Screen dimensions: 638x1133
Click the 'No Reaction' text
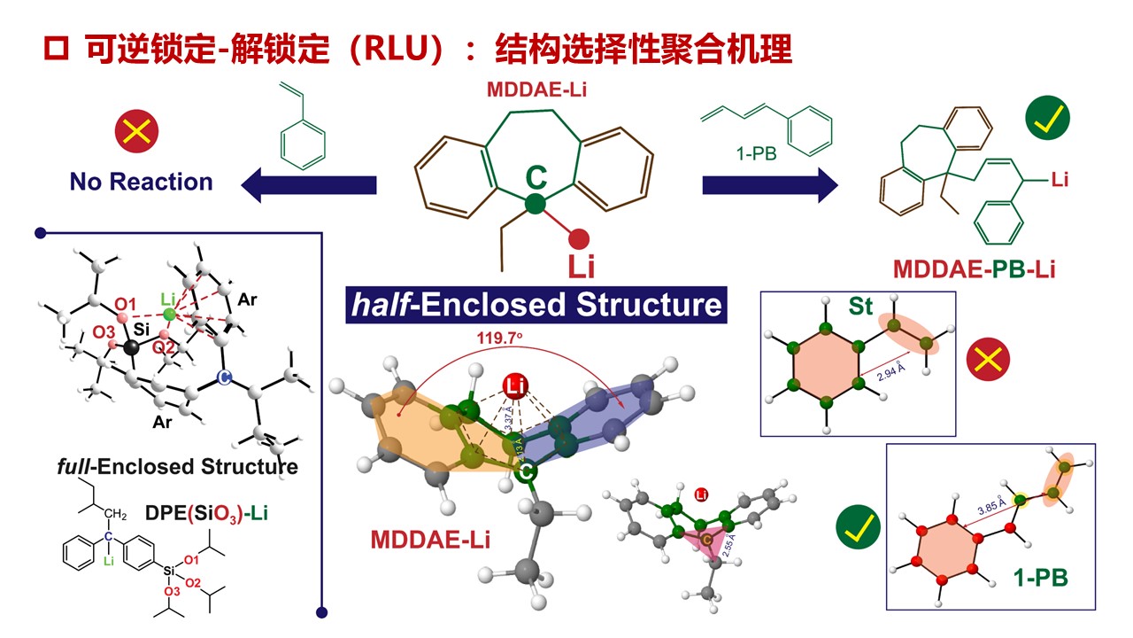(142, 182)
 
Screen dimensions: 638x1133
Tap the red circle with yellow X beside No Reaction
(136, 133)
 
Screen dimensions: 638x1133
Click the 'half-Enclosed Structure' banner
(536, 304)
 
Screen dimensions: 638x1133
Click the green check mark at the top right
(1047, 120)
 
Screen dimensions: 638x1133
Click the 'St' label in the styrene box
(860, 307)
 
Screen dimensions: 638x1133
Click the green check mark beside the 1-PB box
(859, 528)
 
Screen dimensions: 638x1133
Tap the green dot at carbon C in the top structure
(535, 205)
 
